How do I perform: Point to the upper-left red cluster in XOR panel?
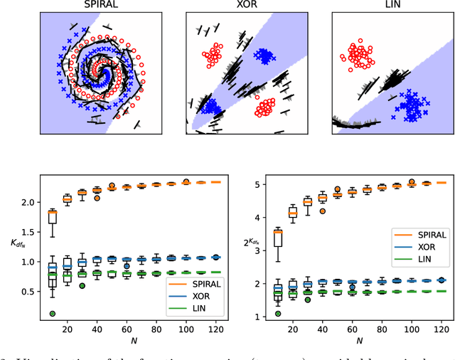[213, 55]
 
